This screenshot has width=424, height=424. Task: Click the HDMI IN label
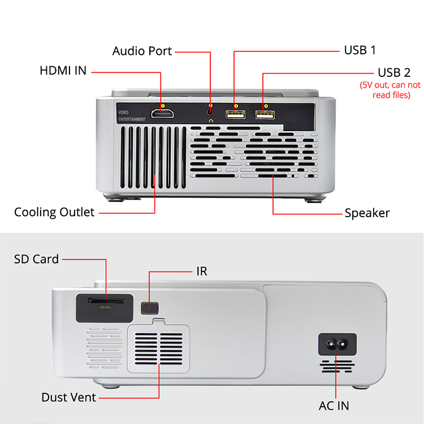point(63,71)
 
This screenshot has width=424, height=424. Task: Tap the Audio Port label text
point(141,51)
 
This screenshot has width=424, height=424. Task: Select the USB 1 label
point(360,50)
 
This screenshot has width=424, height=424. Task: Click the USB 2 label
point(394,72)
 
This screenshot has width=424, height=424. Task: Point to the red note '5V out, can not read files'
point(391,90)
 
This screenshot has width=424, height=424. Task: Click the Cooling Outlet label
point(54,213)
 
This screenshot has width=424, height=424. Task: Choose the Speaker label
point(367,213)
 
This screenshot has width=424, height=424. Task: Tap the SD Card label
point(36,259)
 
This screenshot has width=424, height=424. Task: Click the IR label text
point(201,271)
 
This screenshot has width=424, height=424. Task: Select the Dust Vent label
point(68,397)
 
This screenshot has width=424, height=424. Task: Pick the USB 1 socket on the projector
point(235,115)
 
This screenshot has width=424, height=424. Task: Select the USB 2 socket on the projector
point(264,115)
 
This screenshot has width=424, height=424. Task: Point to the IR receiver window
point(149,307)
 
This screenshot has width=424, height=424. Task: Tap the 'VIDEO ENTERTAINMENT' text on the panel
point(132,116)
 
